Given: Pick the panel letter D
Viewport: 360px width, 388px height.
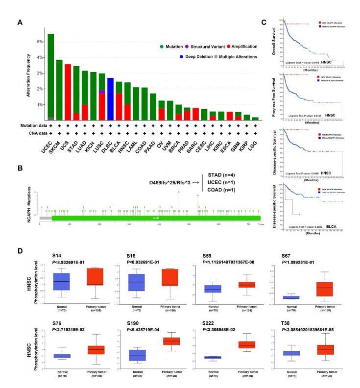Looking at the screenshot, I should (x=19, y=251).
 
